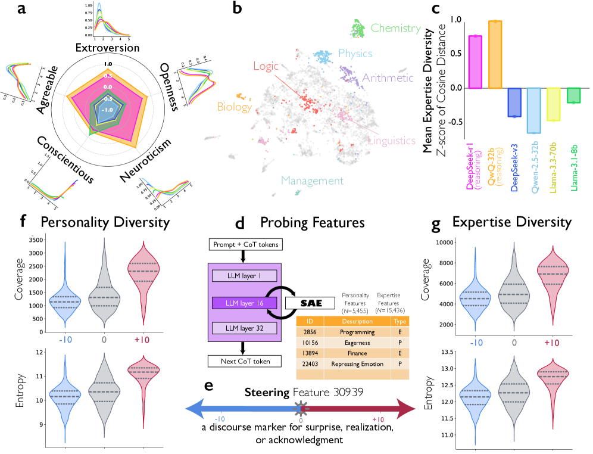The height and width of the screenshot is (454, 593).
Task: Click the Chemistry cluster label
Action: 395,28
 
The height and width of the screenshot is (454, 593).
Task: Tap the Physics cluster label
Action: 355,54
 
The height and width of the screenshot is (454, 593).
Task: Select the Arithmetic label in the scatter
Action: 387,78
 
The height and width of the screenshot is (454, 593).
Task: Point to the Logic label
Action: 266,66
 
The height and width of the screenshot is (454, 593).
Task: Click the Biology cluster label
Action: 234,107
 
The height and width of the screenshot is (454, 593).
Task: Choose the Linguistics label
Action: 392,141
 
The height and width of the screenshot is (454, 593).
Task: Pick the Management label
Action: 312,181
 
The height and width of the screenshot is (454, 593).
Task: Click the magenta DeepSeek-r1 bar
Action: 475,62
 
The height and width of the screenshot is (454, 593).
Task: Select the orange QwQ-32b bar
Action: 495,54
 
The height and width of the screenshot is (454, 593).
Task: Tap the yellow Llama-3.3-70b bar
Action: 554,104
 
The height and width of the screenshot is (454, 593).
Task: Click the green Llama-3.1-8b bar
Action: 574,95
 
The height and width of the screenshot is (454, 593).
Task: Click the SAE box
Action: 310,303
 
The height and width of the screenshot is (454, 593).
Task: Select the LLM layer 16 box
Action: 244,303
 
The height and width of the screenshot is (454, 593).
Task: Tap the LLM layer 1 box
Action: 244,276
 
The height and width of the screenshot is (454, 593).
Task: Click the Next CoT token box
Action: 245,361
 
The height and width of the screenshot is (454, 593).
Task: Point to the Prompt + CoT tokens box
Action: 245,244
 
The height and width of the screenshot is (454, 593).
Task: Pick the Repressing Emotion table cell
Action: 357,364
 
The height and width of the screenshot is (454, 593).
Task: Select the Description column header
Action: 357,321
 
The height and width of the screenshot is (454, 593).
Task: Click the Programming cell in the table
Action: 357,332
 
